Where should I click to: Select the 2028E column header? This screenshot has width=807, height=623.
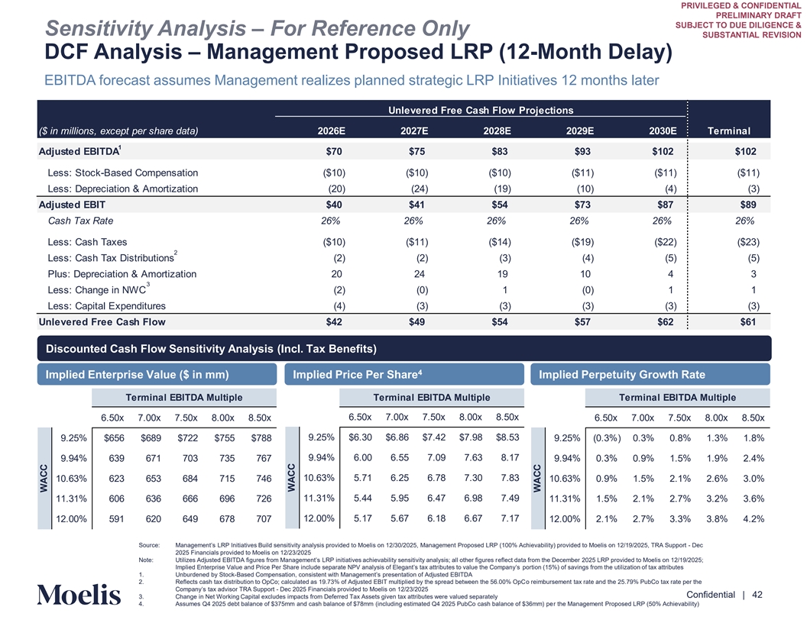tap(497, 131)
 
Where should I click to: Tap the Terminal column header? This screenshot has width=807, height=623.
tap(730, 131)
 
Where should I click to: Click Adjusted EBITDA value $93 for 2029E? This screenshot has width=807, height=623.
tap(581, 151)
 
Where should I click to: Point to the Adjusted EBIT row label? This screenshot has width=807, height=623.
tap(72, 205)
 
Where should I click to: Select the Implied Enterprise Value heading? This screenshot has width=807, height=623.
tap(138, 374)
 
